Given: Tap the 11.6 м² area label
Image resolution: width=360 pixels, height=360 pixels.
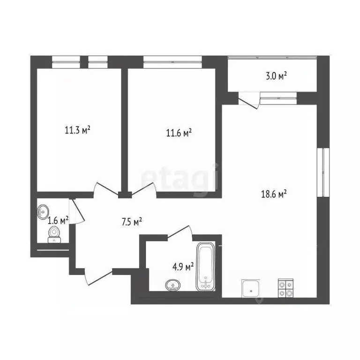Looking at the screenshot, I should click(x=179, y=133).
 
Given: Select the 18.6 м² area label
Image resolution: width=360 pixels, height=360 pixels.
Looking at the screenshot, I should click(x=273, y=193).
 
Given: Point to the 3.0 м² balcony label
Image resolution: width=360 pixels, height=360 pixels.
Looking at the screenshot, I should click(x=276, y=75).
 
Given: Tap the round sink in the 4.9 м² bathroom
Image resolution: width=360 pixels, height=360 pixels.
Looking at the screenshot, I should click(x=173, y=284).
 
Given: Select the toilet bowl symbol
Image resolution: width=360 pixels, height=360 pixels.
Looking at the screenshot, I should click(x=54, y=233).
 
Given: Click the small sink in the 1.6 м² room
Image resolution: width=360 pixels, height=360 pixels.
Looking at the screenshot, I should click(x=44, y=211).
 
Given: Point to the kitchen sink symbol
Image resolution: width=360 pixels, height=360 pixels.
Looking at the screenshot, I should click(x=253, y=288).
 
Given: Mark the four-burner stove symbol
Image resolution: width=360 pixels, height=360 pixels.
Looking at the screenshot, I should click(x=285, y=288).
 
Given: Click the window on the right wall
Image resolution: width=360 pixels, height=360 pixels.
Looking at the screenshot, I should click(x=321, y=172).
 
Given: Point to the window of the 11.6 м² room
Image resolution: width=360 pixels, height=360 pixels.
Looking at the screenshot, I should click(x=172, y=59).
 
